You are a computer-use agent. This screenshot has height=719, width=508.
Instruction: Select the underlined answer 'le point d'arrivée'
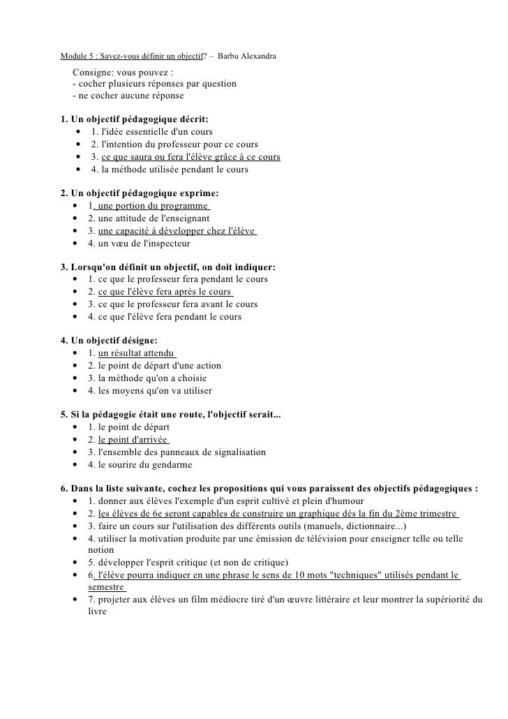click(133, 440)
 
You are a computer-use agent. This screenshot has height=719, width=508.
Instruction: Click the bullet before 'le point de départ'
click(75, 427)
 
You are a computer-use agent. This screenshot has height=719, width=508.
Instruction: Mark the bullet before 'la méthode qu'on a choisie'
click(75, 378)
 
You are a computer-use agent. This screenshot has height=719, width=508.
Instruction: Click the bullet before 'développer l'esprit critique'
click(75, 563)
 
